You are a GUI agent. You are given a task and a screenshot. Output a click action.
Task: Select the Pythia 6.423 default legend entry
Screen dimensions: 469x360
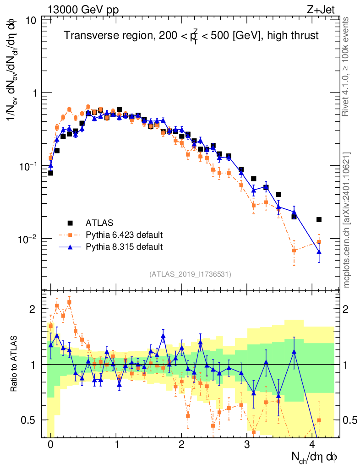124,235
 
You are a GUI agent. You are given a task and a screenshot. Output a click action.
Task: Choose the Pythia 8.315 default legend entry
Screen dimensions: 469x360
124,247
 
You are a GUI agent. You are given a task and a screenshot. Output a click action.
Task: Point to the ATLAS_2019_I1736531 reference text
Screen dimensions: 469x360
190,274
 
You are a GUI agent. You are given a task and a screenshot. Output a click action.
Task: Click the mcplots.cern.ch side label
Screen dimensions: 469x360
347,220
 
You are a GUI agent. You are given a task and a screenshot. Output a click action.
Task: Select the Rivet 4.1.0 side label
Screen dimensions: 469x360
347,66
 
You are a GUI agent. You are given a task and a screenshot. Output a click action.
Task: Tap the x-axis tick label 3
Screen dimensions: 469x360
247,445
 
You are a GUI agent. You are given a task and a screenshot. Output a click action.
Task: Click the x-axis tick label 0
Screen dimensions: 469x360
50,445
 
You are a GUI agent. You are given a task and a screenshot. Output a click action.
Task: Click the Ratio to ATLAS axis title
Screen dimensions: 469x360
15,364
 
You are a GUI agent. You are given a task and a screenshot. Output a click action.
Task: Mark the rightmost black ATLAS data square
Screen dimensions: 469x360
319,220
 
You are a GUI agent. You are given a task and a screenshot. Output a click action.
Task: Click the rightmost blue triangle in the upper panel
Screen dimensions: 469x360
319,252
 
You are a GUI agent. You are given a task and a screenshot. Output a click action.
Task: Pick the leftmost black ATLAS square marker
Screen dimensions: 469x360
50,173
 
